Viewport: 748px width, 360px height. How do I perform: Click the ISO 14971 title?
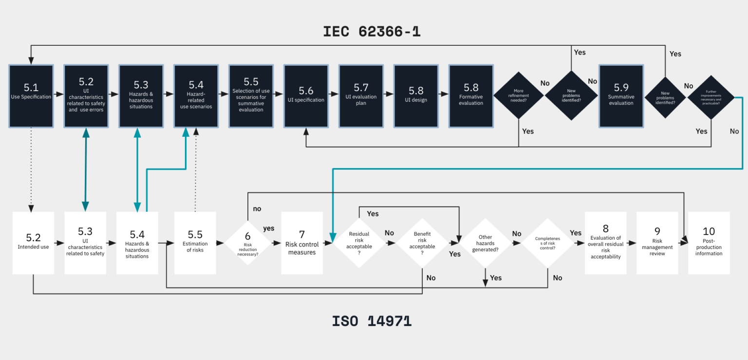tap(372, 321)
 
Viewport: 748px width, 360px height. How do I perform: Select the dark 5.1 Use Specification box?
tap(31, 96)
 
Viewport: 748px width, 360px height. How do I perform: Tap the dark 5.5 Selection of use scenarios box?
tap(251, 96)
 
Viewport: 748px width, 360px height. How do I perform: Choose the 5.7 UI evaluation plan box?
tap(361, 96)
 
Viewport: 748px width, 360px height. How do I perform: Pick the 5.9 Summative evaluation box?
tap(621, 96)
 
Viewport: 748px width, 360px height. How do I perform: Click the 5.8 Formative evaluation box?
tap(471, 96)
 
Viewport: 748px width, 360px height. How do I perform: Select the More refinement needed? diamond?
tap(519, 95)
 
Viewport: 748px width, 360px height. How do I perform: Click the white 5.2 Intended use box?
tap(33, 243)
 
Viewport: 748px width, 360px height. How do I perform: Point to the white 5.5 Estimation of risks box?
tap(195, 243)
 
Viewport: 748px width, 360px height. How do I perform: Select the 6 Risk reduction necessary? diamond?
tap(247, 242)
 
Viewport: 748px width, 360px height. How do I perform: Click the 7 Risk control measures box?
tap(302, 243)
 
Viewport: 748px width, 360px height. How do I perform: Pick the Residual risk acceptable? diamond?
tap(360, 242)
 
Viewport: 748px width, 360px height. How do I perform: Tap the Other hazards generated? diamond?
tap(485, 243)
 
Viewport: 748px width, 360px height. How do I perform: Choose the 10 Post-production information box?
tap(709, 243)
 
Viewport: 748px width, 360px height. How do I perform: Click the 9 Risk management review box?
tap(657, 243)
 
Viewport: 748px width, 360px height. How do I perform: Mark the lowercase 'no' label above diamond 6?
tap(257, 209)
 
